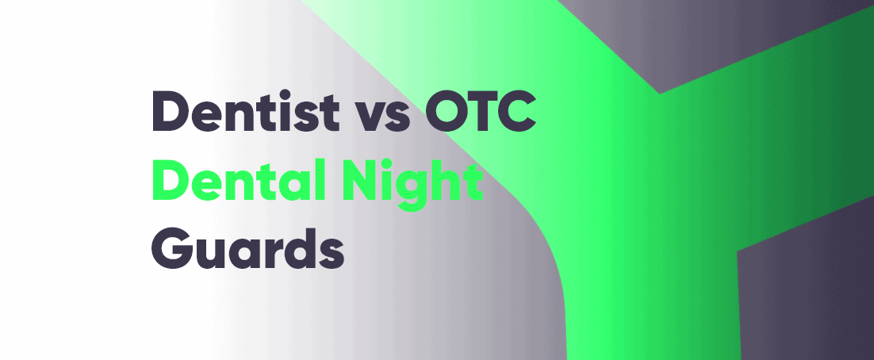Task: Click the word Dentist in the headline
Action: tap(245, 112)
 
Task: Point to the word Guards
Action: tap(247, 247)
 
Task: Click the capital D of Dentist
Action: tap(170, 113)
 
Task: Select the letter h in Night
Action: tap(446, 179)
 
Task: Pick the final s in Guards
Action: tap(332, 255)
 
